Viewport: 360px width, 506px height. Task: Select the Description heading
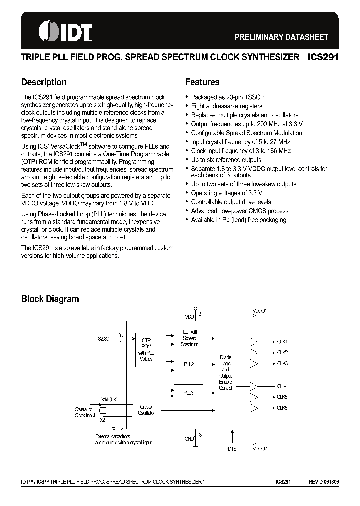(x=44, y=82)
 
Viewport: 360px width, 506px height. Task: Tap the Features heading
(x=202, y=82)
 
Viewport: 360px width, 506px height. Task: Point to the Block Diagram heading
(x=50, y=299)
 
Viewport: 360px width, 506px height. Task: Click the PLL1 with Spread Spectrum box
(x=189, y=338)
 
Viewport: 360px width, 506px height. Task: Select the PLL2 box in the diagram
(x=189, y=364)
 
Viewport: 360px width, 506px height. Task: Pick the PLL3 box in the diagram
(x=189, y=393)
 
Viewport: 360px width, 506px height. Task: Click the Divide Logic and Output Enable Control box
(x=225, y=372)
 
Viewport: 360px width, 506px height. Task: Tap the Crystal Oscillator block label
(x=146, y=410)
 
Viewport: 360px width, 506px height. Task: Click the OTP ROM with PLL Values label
(x=146, y=349)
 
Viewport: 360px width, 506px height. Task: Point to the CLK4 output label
(x=282, y=386)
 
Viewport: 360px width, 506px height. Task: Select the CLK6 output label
(x=282, y=408)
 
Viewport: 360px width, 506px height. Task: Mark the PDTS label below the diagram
(x=231, y=449)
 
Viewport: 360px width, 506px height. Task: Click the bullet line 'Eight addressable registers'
(x=226, y=106)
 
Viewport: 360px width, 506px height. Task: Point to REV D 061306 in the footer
(x=323, y=481)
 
